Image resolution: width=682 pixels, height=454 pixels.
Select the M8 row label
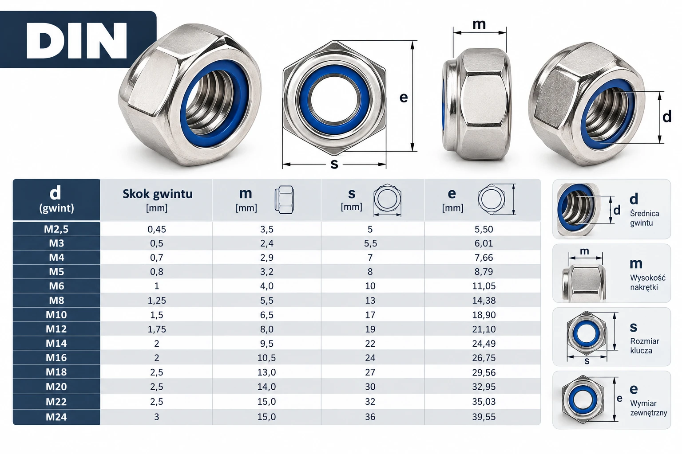coord(57,301)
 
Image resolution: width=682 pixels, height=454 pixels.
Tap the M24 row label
coord(56,417)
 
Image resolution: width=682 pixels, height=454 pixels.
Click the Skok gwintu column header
coord(158,194)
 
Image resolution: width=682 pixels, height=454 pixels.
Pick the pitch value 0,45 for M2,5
coord(157,229)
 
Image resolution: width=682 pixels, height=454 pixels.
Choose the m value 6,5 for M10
coord(267,315)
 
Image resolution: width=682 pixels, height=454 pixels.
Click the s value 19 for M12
coord(370,329)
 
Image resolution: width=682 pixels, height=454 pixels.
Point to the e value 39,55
coord(484,417)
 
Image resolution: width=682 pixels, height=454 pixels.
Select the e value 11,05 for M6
coord(484,286)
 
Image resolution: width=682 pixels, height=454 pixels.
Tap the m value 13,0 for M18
coord(267,372)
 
